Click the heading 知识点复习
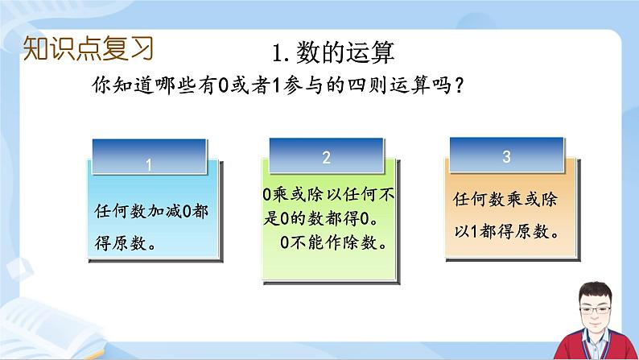88,48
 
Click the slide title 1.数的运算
333,52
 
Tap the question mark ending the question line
459,85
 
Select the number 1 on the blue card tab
149,165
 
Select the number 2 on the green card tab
326,157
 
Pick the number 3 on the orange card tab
506,156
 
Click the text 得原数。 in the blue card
126,243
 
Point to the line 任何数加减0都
151,211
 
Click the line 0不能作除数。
334,242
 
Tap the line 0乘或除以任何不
328,194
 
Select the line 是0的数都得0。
321,218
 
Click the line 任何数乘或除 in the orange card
505,200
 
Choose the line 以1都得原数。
507,232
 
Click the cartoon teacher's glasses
595,310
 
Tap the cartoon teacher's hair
595,293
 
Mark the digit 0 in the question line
223,85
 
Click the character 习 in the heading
142,48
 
